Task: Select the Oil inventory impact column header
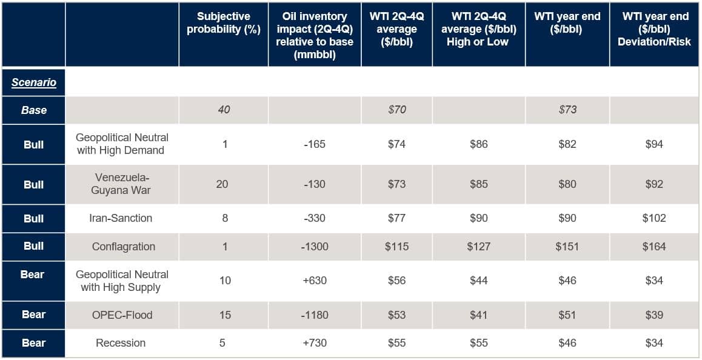[x=314, y=35]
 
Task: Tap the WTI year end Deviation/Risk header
[x=655, y=29]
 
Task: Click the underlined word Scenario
[x=34, y=82]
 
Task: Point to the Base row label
[x=34, y=110]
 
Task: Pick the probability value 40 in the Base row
[x=224, y=110]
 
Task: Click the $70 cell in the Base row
[x=396, y=110]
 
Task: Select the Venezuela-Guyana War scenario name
[x=121, y=184]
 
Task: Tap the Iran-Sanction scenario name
[x=121, y=218]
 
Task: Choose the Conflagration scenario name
[x=124, y=247]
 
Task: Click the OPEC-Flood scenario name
[x=122, y=315]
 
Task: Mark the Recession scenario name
[x=121, y=343]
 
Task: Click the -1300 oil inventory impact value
[x=314, y=247]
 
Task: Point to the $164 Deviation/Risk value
[x=654, y=247]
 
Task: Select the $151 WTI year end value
[x=567, y=247]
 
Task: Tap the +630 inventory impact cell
[x=314, y=281]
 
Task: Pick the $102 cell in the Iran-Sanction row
[x=654, y=218]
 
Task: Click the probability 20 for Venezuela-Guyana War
[x=222, y=184]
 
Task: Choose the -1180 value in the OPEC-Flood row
[x=314, y=315]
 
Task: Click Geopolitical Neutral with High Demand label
[x=122, y=144]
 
